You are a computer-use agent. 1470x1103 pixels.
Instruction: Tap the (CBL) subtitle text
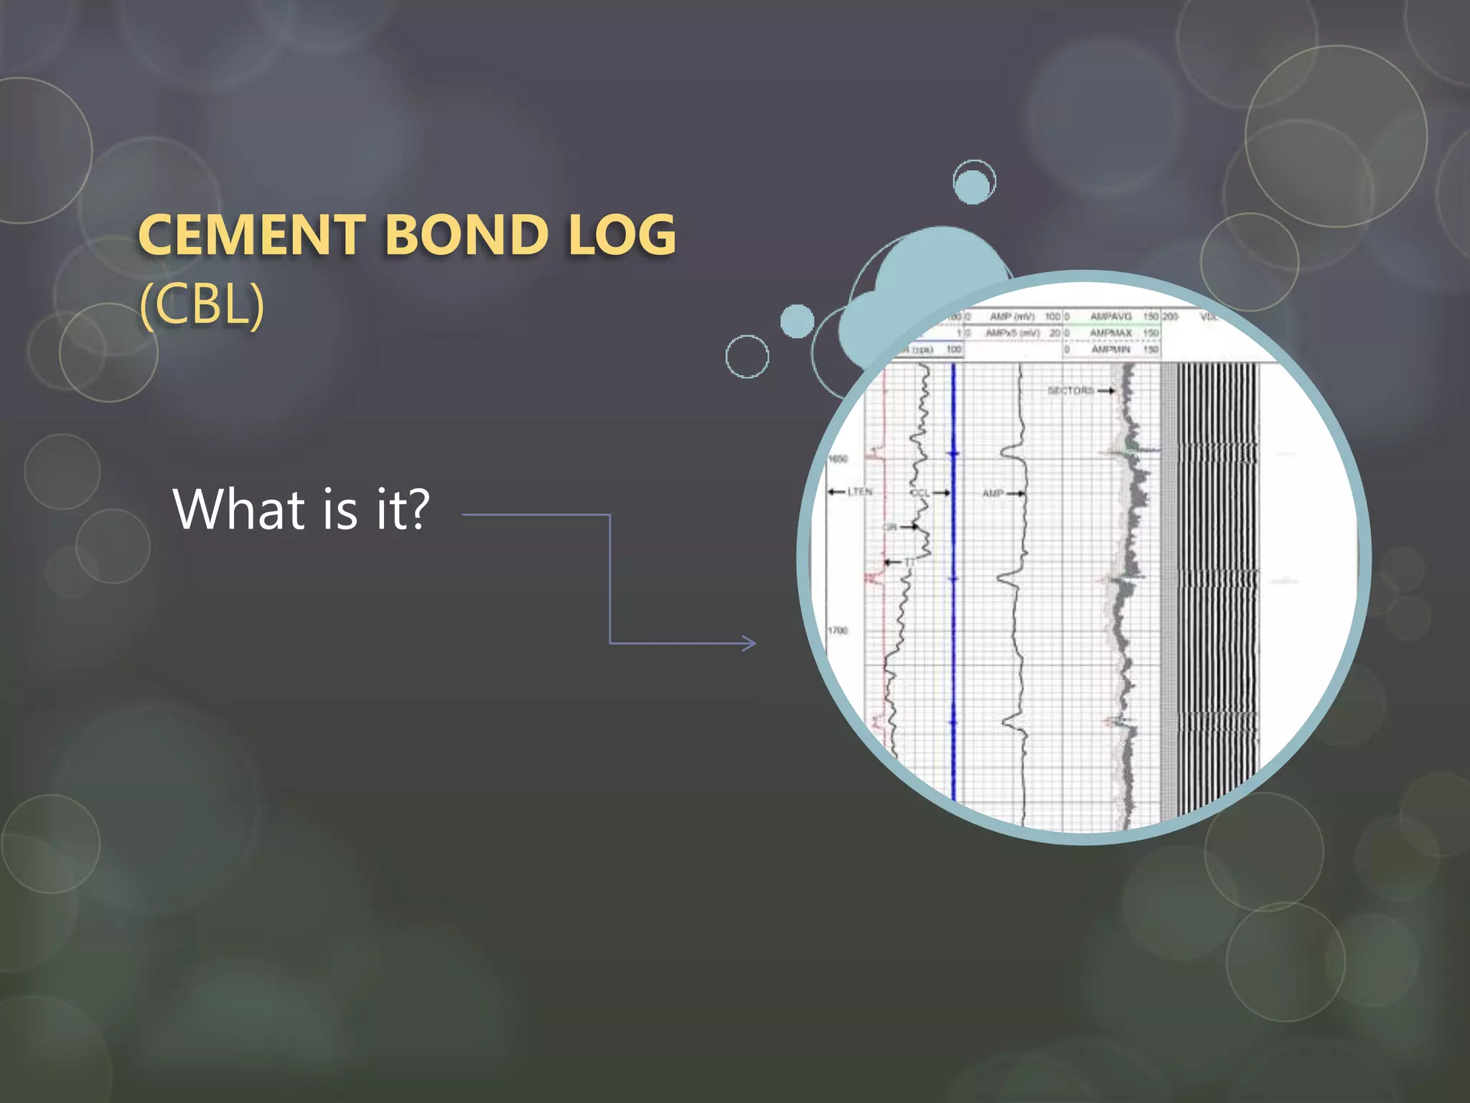202,304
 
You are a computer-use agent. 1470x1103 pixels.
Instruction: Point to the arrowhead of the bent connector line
750,643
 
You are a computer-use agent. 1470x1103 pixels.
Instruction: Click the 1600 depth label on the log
838,458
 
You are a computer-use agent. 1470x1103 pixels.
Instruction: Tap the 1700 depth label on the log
838,630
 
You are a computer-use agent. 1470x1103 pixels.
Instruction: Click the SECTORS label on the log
1070,390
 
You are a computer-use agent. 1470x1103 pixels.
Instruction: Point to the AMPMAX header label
1110,332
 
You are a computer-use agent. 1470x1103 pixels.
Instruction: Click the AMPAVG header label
1110,316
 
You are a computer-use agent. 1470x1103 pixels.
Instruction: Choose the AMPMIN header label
1110,349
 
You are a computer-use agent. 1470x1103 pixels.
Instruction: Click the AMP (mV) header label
1011,316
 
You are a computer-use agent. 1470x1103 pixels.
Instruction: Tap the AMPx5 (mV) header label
1011,332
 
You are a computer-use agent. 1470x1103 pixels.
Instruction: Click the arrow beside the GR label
909,527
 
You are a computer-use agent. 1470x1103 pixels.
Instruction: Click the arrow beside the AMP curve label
1016,493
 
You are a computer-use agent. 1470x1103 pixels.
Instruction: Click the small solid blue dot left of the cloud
797,321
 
